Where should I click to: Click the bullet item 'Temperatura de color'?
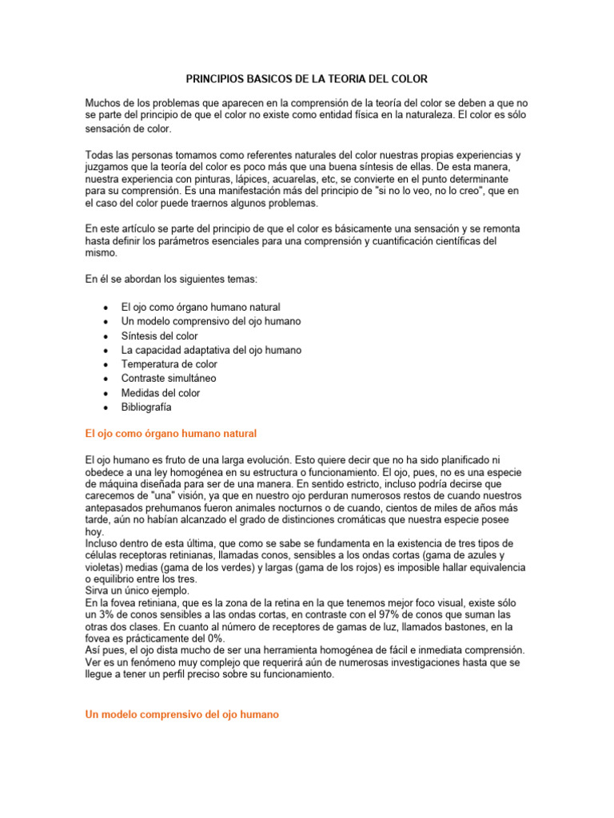pos(169,364)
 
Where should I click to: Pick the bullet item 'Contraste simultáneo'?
pos(168,378)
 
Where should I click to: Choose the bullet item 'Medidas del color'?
pos(160,393)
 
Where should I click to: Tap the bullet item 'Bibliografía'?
pos(146,407)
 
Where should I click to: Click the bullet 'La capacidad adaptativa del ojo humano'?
pos(211,350)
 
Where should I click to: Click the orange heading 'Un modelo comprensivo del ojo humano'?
pos(181,693)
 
